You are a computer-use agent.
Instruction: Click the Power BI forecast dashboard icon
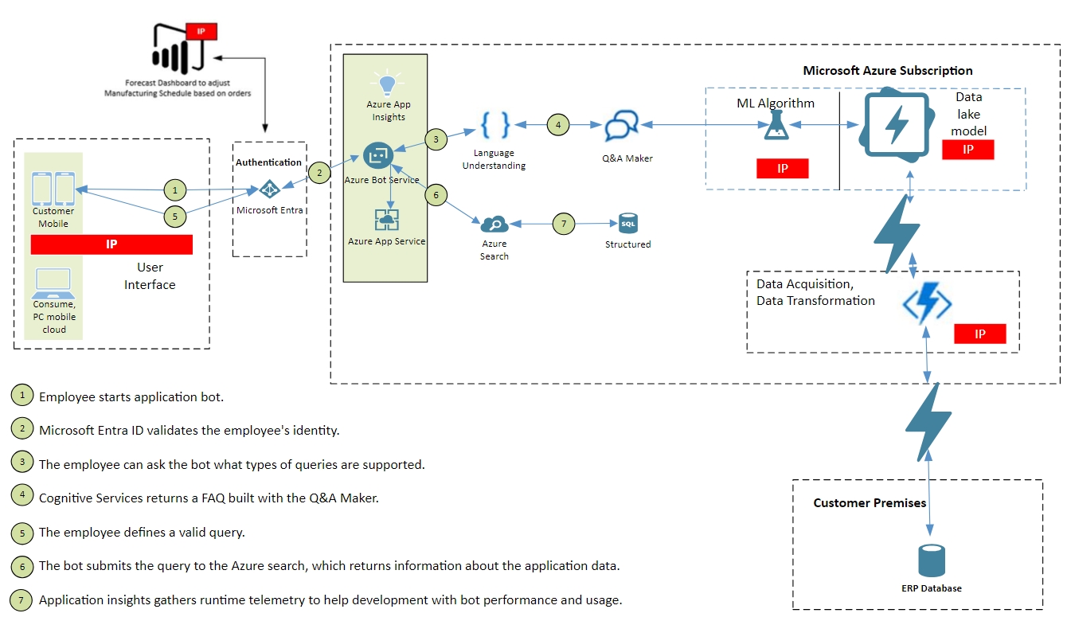click(179, 49)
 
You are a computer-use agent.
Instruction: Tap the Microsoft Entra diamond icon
click(270, 189)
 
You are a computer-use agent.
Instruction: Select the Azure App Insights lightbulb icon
click(388, 83)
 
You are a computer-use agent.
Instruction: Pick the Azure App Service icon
click(387, 220)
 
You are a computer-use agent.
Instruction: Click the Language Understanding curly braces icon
click(494, 126)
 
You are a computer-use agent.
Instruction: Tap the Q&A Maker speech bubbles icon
click(620, 126)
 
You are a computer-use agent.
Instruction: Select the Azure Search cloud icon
click(494, 225)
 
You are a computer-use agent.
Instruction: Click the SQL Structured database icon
click(629, 224)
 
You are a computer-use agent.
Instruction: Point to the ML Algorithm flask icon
click(775, 126)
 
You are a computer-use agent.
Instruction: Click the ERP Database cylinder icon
click(931, 561)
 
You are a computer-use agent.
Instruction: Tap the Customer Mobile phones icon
click(53, 189)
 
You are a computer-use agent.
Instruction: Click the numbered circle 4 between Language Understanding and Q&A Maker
click(558, 125)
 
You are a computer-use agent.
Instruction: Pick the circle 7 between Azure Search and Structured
click(564, 225)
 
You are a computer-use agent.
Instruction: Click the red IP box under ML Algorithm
click(783, 168)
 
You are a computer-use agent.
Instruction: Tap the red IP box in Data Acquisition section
click(979, 334)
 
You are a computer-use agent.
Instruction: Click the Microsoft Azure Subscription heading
click(887, 71)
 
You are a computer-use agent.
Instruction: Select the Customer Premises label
click(870, 503)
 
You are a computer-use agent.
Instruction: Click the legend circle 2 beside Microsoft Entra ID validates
click(23, 428)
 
